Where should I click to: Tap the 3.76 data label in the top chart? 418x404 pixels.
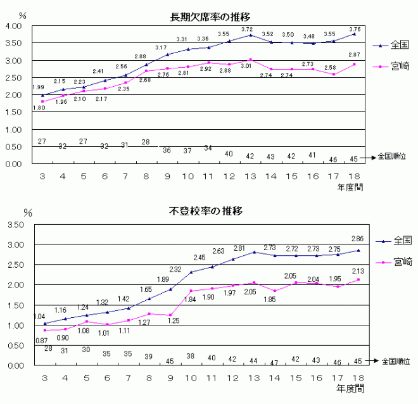(355, 28)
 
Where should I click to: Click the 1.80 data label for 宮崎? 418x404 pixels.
(39, 108)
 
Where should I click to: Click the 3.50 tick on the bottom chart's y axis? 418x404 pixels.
(14, 225)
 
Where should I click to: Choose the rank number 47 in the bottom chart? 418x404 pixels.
(274, 363)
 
